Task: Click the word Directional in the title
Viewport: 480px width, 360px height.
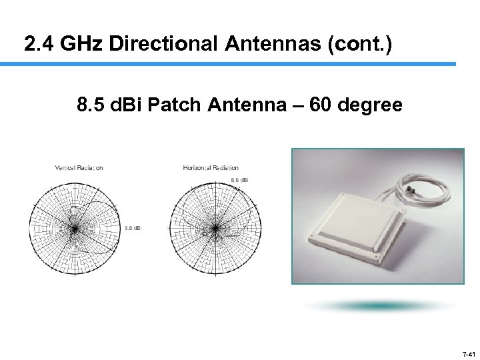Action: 163,44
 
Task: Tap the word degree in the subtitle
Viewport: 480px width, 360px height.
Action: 371,105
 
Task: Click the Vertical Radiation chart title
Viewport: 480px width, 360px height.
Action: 79,167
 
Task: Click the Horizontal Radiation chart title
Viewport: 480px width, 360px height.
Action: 211,167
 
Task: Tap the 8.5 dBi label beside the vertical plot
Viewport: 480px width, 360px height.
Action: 133,229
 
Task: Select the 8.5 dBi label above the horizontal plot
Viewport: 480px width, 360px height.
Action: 239,181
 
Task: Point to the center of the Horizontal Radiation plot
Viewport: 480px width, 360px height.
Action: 215,229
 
